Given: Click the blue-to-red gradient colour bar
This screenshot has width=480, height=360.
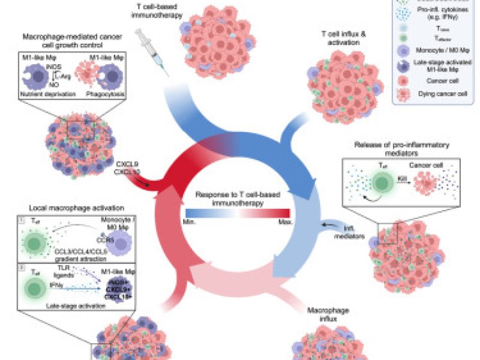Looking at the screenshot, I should pyautogui.click(x=239, y=212).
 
